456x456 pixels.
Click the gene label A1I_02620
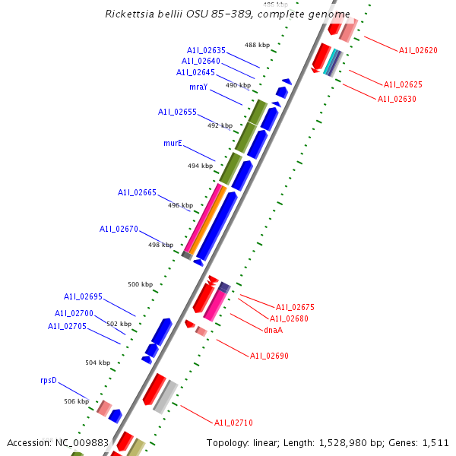(418, 50)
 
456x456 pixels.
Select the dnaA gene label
(273, 330)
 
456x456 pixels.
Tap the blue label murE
(173, 143)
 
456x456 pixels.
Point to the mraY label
(198, 87)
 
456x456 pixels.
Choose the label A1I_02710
(233, 423)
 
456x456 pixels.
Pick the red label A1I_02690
(269, 356)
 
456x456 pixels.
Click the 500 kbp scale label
(140, 284)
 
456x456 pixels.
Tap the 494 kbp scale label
(200, 166)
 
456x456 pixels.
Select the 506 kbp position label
(76, 401)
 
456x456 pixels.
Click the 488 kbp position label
(257, 45)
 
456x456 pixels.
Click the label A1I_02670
(119, 229)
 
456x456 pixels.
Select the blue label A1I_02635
(206, 50)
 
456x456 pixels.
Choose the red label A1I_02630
(397, 99)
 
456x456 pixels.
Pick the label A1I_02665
(137, 192)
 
